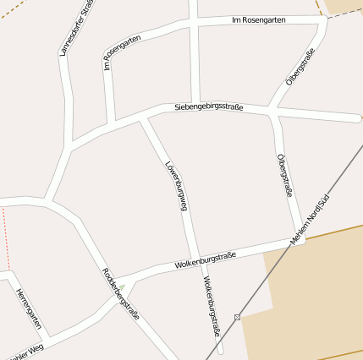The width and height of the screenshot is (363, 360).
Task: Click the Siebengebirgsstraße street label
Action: click(x=209, y=107)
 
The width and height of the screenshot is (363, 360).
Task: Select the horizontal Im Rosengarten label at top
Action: click(x=258, y=19)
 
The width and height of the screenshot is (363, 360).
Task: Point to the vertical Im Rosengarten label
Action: click(x=107, y=50)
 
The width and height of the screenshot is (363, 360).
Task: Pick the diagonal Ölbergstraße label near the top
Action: click(x=300, y=66)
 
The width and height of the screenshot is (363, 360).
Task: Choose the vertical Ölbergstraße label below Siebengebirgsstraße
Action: click(x=284, y=176)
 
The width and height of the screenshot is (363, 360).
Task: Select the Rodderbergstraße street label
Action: click(x=120, y=292)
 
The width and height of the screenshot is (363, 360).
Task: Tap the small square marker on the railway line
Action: click(x=238, y=317)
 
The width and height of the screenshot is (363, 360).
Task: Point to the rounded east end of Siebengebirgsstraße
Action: click(x=358, y=117)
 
